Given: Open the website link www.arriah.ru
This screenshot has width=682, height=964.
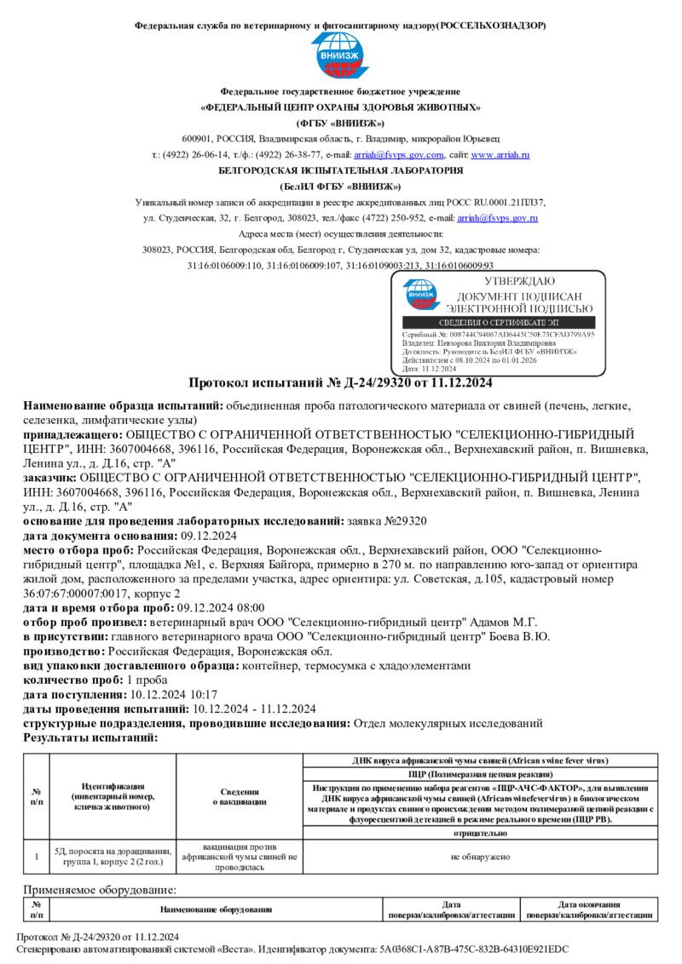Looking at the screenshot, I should [x=500, y=155].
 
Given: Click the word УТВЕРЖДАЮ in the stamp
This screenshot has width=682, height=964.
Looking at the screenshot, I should [x=519, y=282].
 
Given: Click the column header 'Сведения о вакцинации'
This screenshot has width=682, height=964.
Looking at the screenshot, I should [x=240, y=797].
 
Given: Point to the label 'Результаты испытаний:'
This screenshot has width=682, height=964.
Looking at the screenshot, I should [x=79, y=738].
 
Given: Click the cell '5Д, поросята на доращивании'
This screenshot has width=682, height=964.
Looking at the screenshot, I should [x=113, y=851].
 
